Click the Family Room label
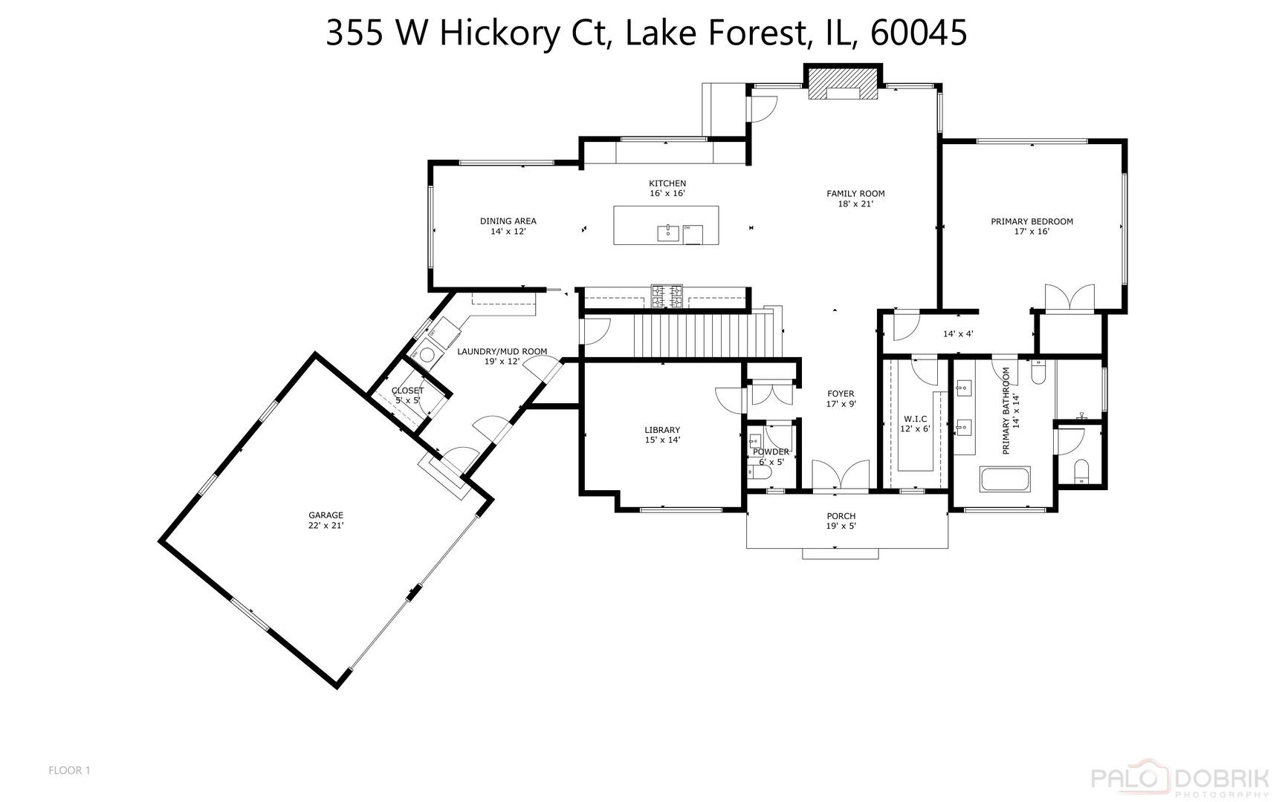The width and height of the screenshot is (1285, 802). [855, 194]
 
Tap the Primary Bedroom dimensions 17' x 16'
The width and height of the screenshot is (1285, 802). [1032, 232]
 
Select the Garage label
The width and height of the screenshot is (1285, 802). [326, 515]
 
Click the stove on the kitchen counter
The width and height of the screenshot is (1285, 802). [667, 297]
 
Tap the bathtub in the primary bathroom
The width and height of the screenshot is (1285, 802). [1005, 479]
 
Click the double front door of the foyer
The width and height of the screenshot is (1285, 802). [841, 476]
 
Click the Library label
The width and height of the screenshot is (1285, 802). [662, 430]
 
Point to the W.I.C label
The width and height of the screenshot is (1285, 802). [915, 419]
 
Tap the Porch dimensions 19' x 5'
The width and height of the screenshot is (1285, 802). [841, 526]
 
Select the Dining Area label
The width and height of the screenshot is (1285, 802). [508, 221]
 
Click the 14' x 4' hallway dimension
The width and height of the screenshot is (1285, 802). [958, 334]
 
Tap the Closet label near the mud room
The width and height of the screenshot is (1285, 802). [407, 391]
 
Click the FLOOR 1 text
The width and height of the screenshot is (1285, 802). [69, 770]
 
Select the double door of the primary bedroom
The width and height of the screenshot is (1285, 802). [1070, 299]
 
